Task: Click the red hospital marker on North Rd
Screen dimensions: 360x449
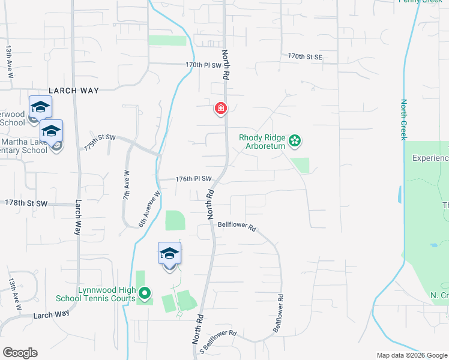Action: pyautogui.click(x=221, y=109)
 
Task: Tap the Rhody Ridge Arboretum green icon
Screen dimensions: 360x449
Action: pyautogui.click(x=295, y=141)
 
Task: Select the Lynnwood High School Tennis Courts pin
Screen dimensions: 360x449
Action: pyautogui.click(x=144, y=293)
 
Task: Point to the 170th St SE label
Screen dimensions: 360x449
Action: pyautogui.click(x=305, y=56)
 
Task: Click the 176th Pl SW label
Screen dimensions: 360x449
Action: pyautogui.click(x=194, y=179)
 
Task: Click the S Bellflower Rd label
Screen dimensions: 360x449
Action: pyautogui.click(x=218, y=342)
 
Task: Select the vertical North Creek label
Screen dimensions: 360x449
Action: pyautogui.click(x=404, y=119)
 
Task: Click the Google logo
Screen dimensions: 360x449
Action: pyautogui.click(x=20, y=352)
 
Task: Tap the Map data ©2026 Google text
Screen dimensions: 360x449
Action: pyautogui.click(x=411, y=355)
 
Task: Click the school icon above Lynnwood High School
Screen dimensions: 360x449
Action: pyautogui.click(x=170, y=254)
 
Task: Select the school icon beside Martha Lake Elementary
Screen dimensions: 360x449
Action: pyautogui.click(x=52, y=131)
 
